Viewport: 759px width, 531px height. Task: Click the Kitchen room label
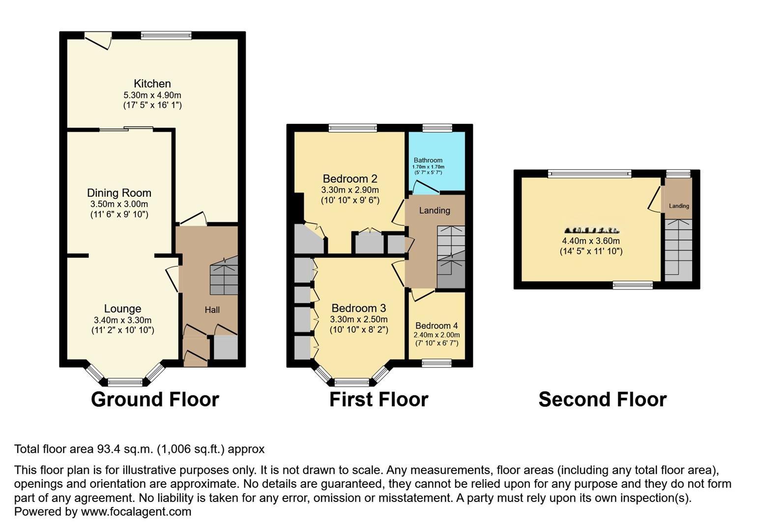152,84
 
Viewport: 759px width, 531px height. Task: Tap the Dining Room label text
119,193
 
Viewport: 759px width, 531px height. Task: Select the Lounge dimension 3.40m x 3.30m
122,320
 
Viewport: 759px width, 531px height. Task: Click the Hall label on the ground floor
212,310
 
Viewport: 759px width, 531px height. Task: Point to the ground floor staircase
224,279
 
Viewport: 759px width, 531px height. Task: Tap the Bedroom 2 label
350,178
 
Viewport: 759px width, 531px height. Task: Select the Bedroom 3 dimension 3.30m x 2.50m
358,320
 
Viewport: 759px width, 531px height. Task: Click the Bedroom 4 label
437,325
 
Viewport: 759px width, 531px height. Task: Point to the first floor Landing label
435,210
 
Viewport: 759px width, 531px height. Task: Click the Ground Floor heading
155,399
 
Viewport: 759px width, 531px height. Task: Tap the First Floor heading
379,399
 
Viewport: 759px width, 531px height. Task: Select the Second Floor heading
602,399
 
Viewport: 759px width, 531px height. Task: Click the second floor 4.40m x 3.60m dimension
591,241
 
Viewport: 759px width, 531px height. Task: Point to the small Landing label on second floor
678,206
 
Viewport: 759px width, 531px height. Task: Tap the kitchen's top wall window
166,35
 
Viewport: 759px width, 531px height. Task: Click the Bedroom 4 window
437,363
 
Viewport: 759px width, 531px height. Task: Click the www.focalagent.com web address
136,511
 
